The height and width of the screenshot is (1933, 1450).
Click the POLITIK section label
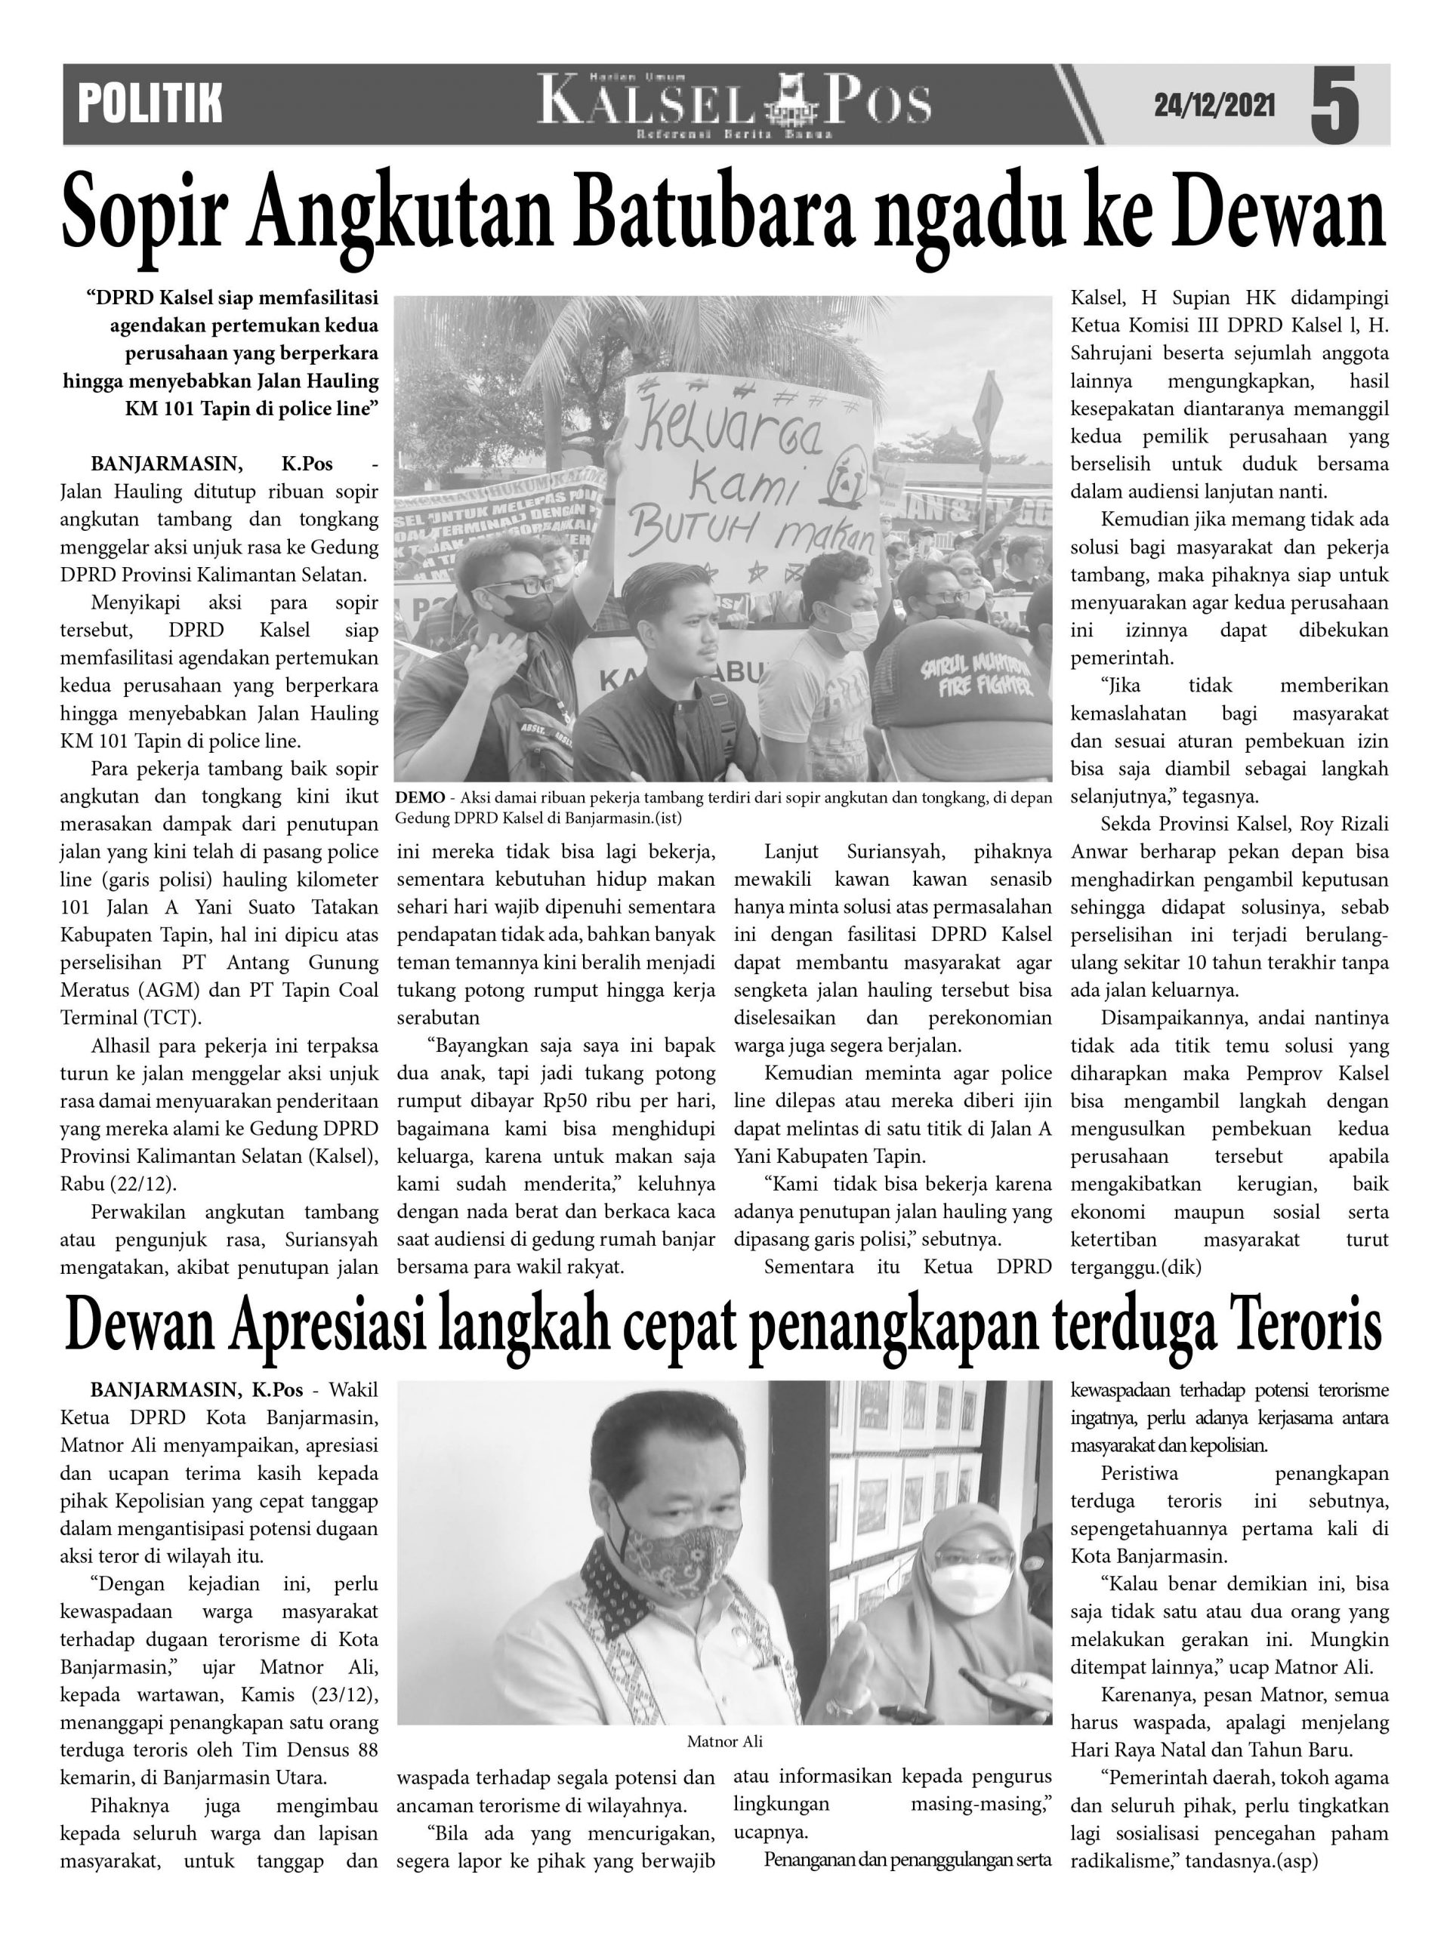(x=150, y=104)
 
